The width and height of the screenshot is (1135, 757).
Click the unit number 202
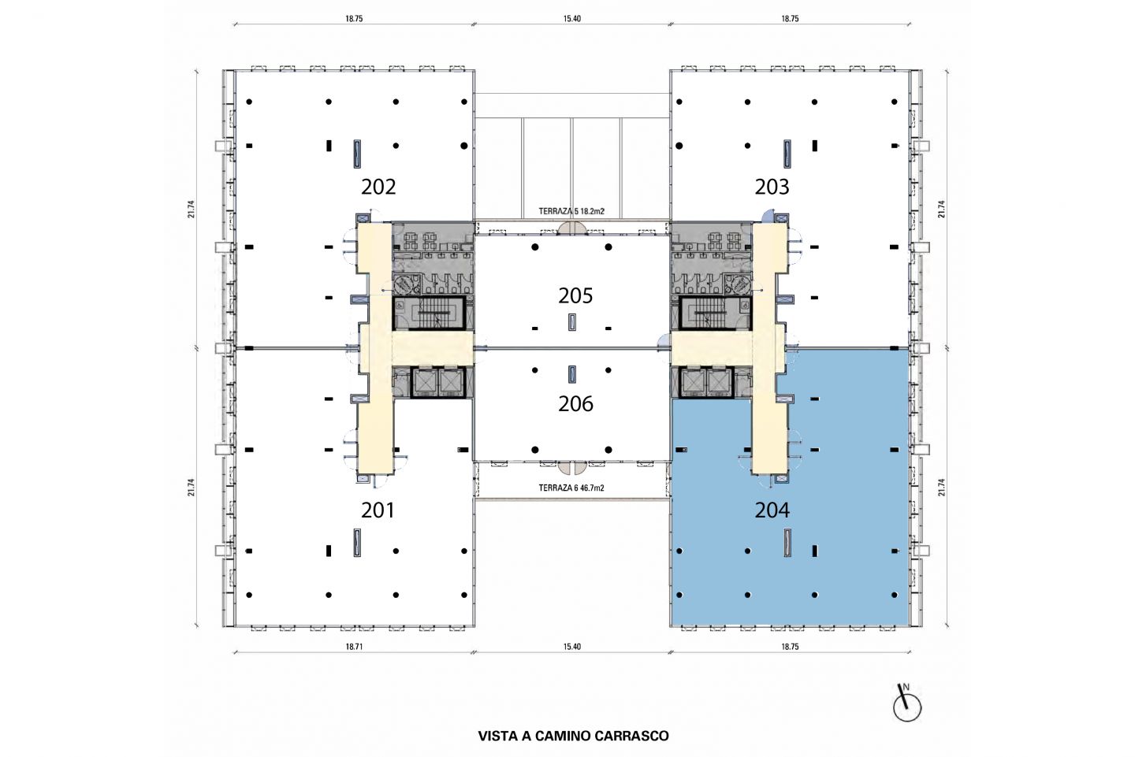[378, 187]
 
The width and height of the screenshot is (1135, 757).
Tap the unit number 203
[772, 187]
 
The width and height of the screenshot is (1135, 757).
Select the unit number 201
[378, 510]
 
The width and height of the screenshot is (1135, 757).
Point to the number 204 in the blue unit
[772, 510]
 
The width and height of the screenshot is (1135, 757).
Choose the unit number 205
[575, 295]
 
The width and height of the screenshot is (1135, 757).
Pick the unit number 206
[575, 403]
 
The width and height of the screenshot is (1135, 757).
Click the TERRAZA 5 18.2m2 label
[571, 212]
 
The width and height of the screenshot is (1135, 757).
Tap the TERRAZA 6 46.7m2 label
[571, 488]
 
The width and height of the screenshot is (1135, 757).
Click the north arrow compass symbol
[906, 704]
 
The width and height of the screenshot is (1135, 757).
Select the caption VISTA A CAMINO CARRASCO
[573, 736]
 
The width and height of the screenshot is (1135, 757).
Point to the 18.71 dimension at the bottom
[354, 647]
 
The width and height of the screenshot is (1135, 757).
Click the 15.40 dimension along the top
[571, 19]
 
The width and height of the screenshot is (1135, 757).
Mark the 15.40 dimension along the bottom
[571, 647]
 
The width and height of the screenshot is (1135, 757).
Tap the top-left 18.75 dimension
[354, 19]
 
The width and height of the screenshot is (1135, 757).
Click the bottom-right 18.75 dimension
[790, 647]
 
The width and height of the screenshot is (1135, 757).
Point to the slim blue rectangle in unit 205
[572, 322]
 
